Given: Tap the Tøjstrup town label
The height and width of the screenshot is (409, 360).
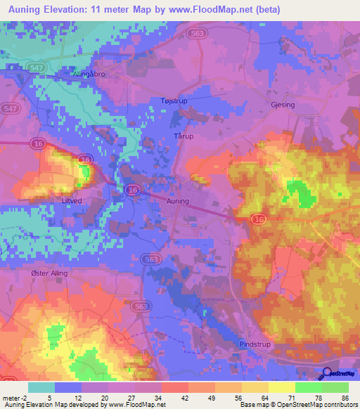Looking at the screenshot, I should click(x=174, y=101).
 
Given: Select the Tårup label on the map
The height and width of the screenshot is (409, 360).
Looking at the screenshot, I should click(x=183, y=136).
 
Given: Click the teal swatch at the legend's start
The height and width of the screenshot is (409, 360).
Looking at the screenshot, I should click(x=41, y=387).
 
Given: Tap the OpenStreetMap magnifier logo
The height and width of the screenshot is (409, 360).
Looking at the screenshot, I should click(x=327, y=373).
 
